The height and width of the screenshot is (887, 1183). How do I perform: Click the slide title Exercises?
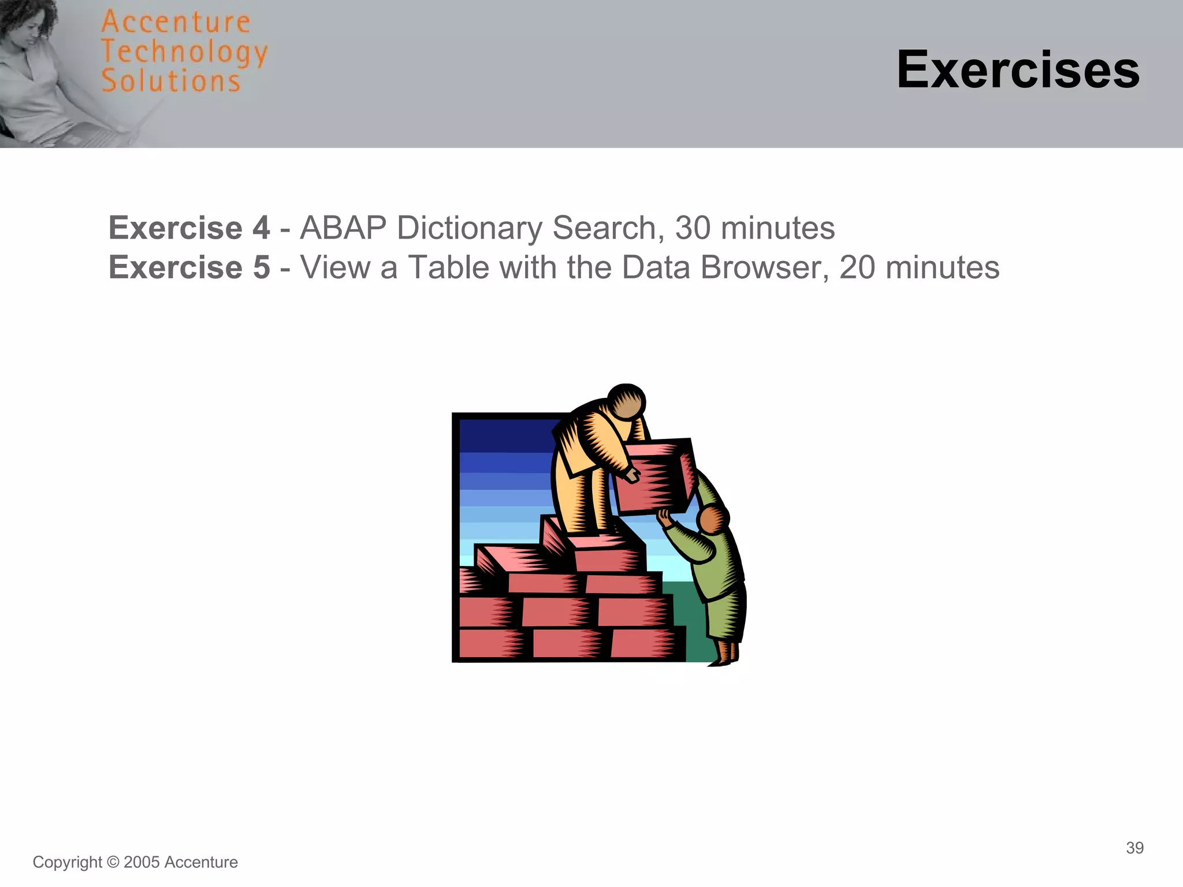tap(1018, 70)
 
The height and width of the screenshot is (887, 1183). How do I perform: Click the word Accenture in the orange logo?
tap(176, 23)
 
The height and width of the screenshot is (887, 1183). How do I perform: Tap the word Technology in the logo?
tap(184, 53)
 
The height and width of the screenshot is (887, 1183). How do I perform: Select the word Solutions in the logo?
tap(171, 81)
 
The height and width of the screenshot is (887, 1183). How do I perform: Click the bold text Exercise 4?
tap(189, 228)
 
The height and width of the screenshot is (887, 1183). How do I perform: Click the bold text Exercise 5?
tap(189, 267)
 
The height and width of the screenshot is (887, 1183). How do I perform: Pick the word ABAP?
tap(343, 228)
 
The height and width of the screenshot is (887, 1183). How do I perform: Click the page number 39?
tap(1134, 848)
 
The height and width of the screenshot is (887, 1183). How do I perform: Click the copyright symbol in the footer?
tap(113, 862)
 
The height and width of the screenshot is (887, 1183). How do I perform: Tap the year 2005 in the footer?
tap(142, 862)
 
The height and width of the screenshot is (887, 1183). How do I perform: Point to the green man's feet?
tap(725, 658)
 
